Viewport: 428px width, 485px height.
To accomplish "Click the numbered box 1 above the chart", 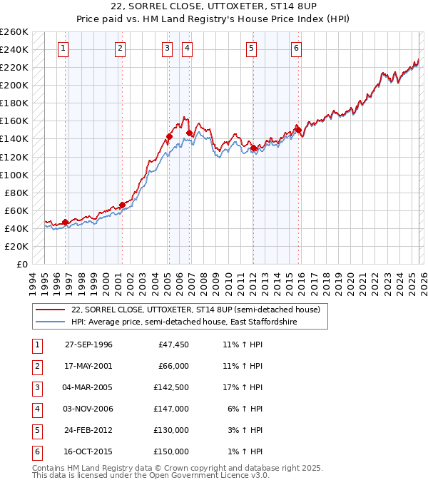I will pyautogui.click(x=63, y=48).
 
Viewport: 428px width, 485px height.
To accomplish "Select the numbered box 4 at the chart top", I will pyautogui.click(x=187, y=48).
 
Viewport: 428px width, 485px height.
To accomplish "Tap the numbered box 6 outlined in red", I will pyautogui.click(x=296, y=48).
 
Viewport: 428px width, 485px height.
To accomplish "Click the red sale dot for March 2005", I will pyautogui.click(x=170, y=136).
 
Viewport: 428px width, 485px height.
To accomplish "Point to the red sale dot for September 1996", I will pyautogui.click(x=65, y=222).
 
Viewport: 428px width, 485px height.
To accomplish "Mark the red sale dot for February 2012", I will pyautogui.click(x=253, y=148).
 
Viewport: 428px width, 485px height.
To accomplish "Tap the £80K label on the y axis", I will pyautogui.click(x=16, y=193).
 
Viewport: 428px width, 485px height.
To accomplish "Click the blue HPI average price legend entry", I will pyautogui.click(x=183, y=322).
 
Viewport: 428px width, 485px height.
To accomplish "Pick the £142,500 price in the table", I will pyautogui.click(x=173, y=387).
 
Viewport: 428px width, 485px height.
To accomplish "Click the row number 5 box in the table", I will pyautogui.click(x=36, y=430).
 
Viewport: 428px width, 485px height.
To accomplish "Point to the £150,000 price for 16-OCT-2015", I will pyautogui.click(x=173, y=451).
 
